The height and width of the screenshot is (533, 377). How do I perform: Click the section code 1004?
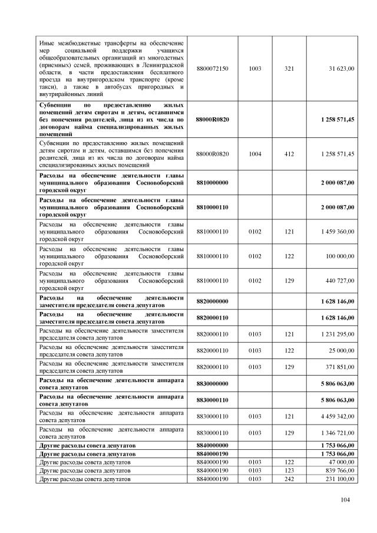click(255, 154)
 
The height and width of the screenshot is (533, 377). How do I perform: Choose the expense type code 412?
click(289, 154)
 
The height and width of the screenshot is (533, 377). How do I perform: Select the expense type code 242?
click(289, 481)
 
